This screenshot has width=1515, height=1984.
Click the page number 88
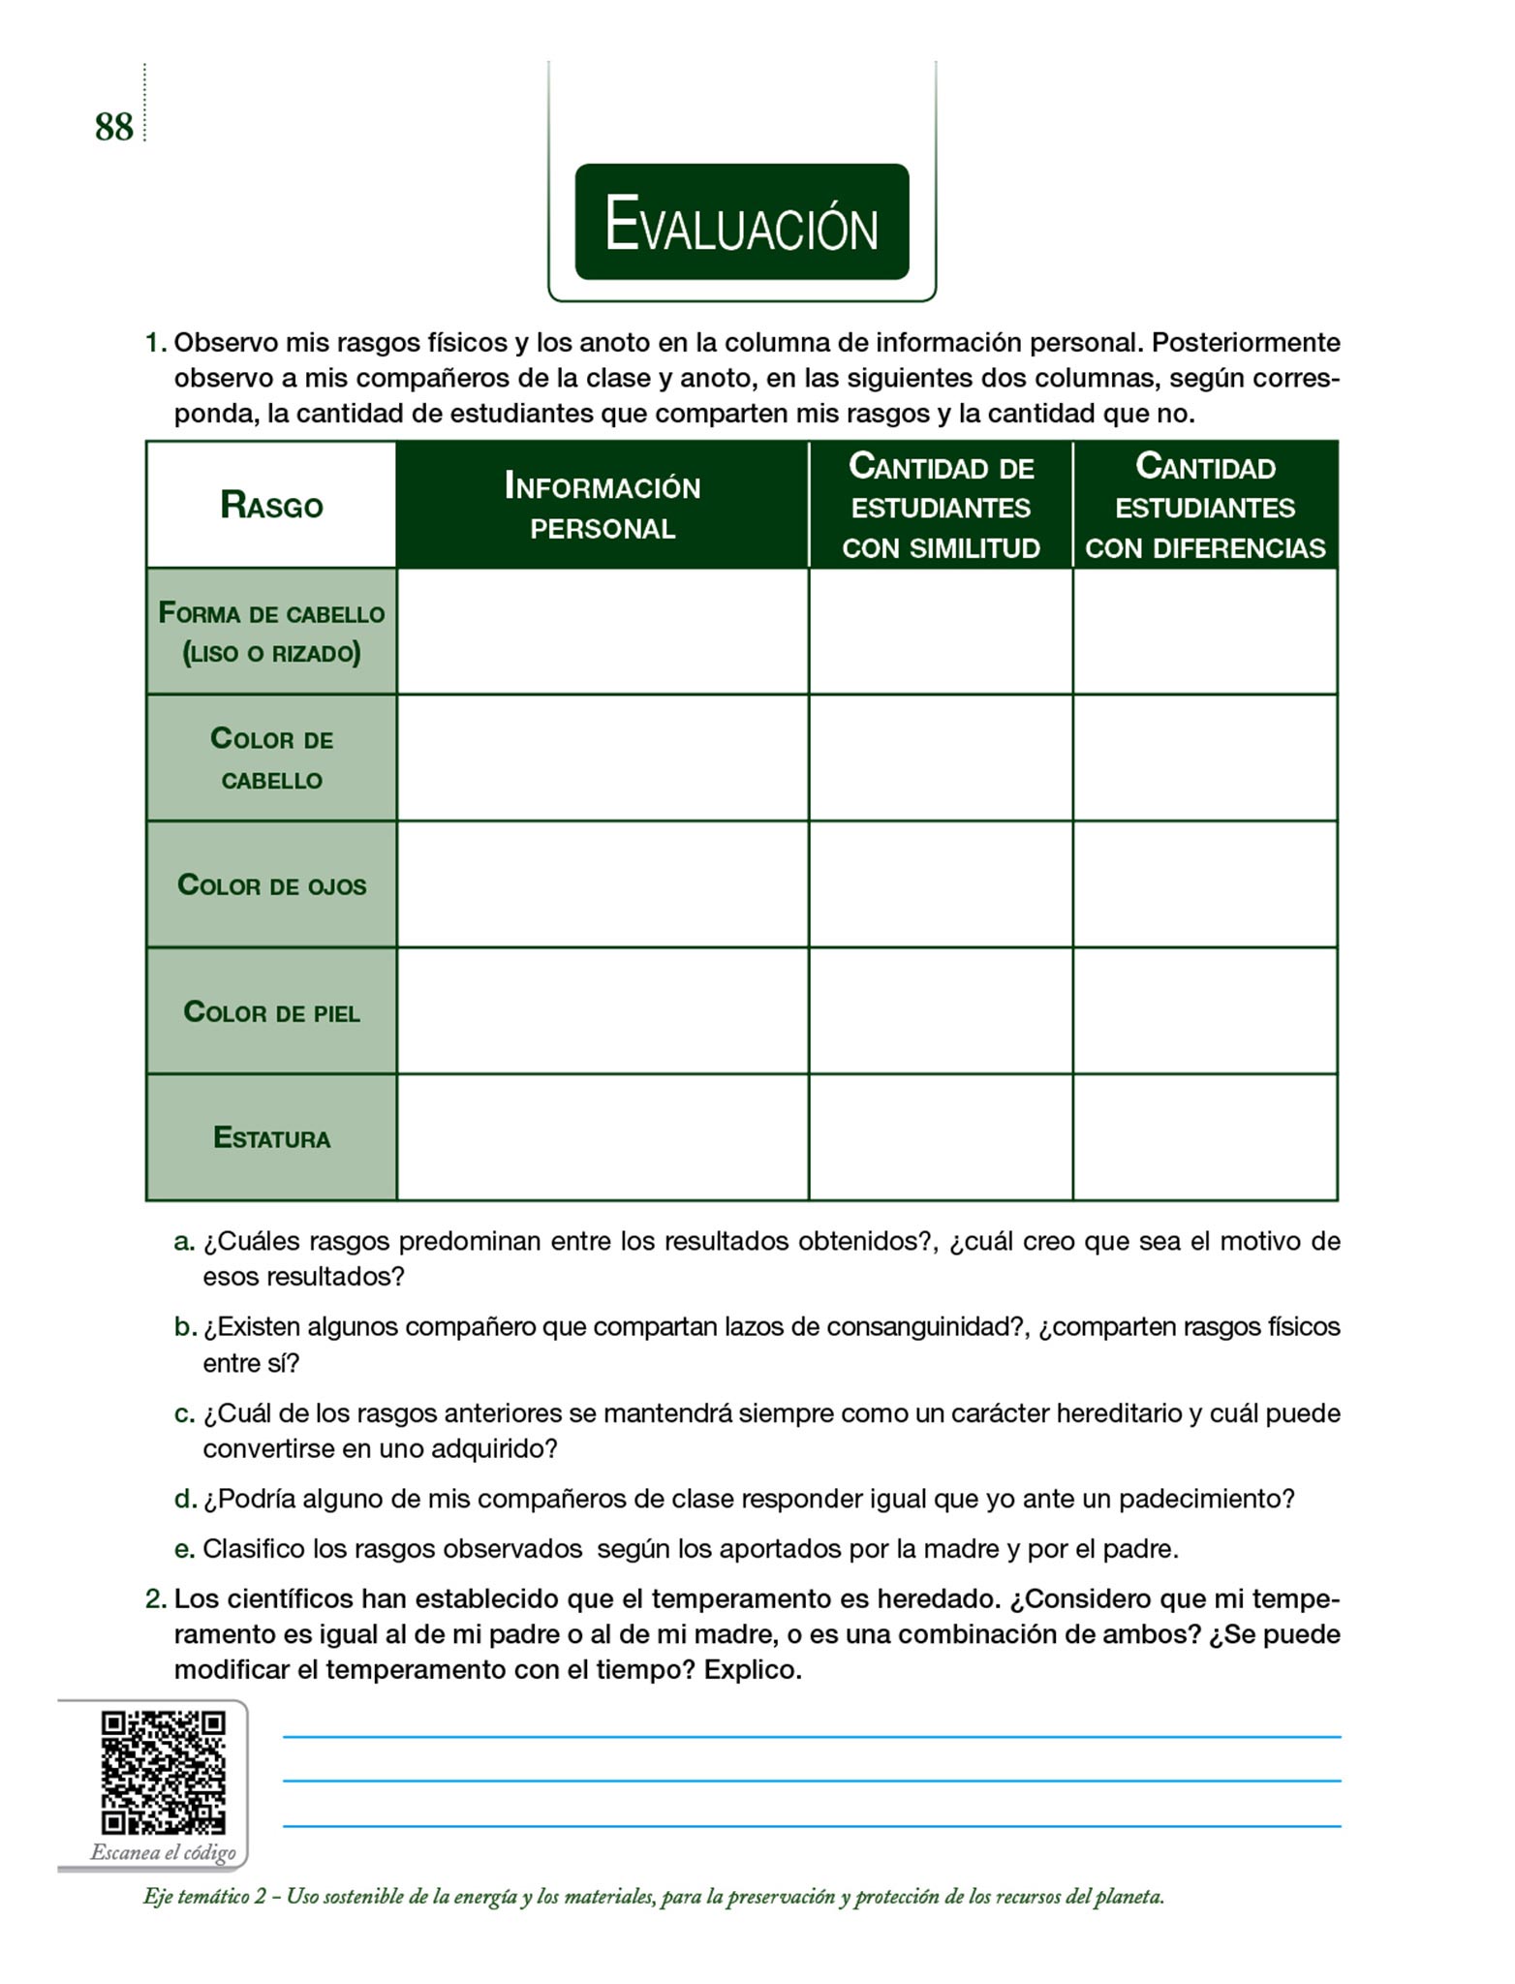click(x=113, y=127)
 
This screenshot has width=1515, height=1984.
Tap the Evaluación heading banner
click(x=741, y=223)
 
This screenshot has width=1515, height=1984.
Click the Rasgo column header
click(x=271, y=505)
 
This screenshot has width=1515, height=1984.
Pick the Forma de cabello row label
click(x=271, y=632)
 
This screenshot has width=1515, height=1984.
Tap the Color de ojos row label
click(x=271, y=885)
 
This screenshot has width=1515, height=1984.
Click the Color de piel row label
click(x=271, y=1012)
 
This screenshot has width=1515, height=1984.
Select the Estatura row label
click(x=271, y=1137)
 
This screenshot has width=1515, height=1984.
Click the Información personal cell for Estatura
click(x=602, y=1137)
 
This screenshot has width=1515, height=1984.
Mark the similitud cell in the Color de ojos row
click(x=941, y=884)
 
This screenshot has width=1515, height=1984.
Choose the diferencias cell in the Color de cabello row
click(x=1205, y=758)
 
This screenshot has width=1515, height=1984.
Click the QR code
click(x=163, y=1773)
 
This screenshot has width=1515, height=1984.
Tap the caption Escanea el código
click(x=163, y=1852)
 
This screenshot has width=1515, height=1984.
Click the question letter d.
click(x=185, y=1500)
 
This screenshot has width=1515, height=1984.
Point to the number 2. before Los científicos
click(x=156, y=1598)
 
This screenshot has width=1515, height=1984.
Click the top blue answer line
click(x=811, y=1737)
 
